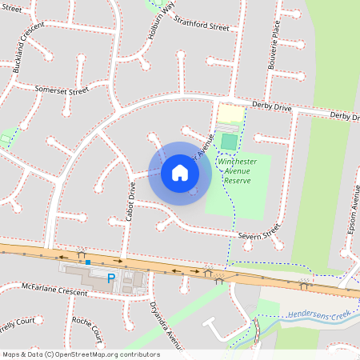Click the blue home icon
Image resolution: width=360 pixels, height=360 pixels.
(x=180, y=173)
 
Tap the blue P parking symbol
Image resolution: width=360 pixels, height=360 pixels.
(x=112, y=278)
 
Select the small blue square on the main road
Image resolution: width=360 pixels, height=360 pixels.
(x=88, y=262)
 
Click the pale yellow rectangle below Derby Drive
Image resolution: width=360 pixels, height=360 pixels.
(x=231, y=114)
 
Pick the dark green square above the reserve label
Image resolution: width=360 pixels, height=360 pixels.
(x=230, y=142)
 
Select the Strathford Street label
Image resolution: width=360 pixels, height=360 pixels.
(x=202, y=26)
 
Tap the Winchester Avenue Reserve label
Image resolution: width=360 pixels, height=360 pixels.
(x=238, y=170)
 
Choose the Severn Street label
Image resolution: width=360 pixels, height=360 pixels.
(x=258, y=232)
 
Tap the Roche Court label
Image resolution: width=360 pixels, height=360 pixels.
(x=86, y=328)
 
